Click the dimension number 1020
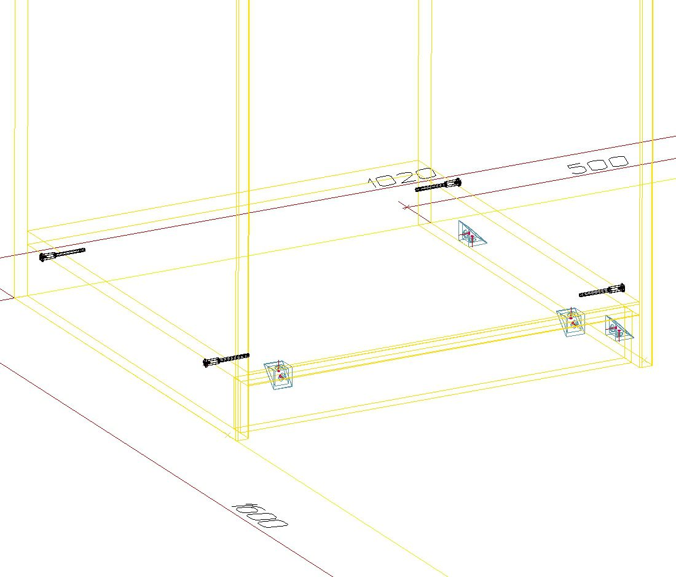coord(401,177)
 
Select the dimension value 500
coord(598,164)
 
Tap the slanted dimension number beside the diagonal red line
coord(259,514)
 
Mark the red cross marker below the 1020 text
coord(407,207)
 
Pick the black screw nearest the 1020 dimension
coord(438,185)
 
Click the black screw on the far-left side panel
coord(62,254)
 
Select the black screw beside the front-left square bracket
coord(226,360)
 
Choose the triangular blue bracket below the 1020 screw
coord(471,234)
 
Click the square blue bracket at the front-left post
coord(278,375)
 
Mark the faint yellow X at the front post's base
coord(228,435)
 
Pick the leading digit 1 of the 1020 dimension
coord(374,181)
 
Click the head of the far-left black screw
coord(43,258)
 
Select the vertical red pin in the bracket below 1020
coord(472,239)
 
